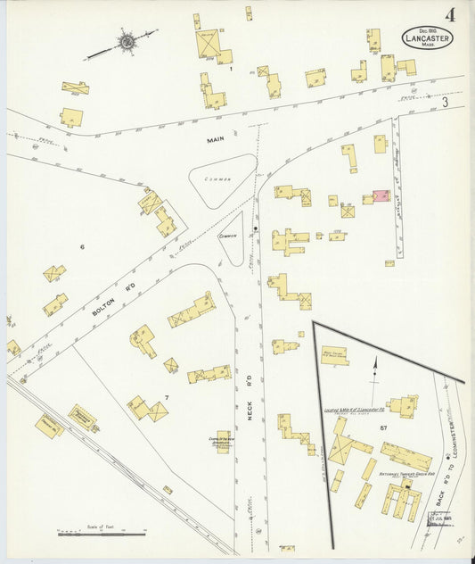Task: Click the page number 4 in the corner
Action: coord(453,14)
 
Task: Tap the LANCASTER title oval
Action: coord(427,37)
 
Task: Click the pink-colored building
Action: coord(381,195)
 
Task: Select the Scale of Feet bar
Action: coord(101,534)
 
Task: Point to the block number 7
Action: coord(166,396)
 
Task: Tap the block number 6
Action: coord(81,245)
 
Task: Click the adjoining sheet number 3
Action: coord(444,104)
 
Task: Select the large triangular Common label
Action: coord(217,179)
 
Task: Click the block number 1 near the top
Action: coord(231,68)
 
